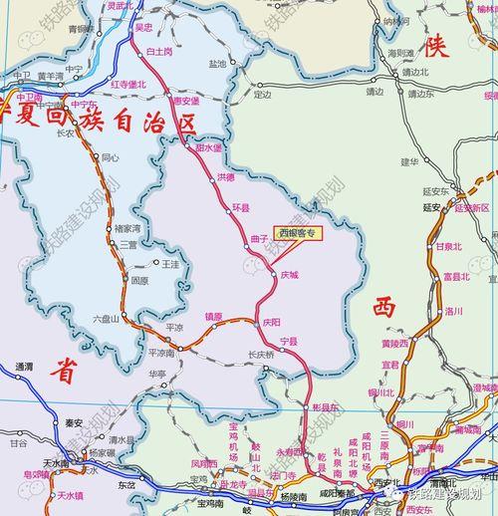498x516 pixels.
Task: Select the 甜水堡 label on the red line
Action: [x=208, y=146]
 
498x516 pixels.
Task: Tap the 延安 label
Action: [x=431, y=207]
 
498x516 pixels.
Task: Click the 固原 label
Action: [x=139, y=281]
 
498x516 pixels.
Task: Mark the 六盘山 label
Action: [x=106, y=318]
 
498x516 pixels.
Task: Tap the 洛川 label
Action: [x=454, y=311]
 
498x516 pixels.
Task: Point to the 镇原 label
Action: [x=214, y=318]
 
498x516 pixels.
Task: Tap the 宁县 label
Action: [x=289, y=341]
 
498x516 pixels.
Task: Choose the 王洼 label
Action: [x=170, y=263]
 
